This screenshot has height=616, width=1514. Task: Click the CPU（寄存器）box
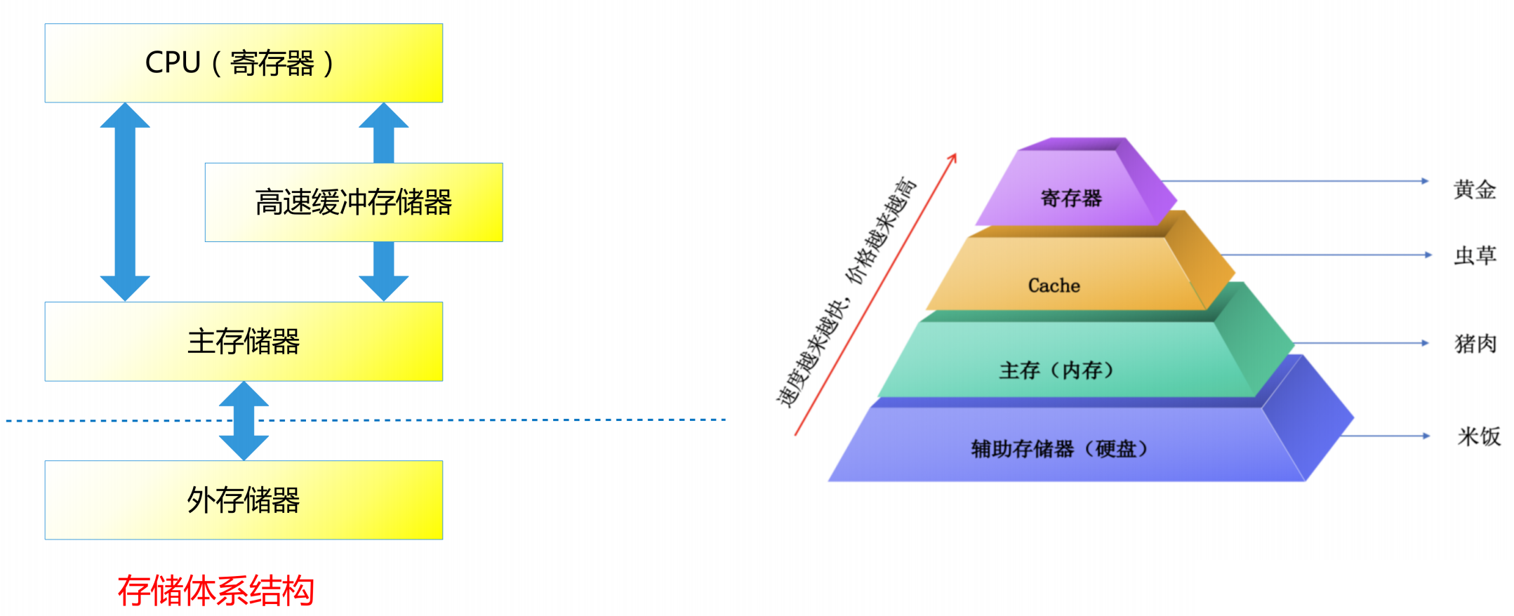coord(244,63)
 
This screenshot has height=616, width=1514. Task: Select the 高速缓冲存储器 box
coord(354,202)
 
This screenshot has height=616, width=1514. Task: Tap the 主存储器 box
coord(244,342)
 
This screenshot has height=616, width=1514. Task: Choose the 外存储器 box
coord(244,500)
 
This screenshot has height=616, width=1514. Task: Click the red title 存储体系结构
coord(215,590)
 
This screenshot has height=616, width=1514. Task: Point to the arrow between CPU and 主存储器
coord(125,202)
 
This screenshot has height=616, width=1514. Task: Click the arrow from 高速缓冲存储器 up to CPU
coord(383,133)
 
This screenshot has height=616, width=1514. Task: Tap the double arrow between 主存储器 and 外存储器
coord(244,421)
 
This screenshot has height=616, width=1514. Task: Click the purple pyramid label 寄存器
coord(1071,199)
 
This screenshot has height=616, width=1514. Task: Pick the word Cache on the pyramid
coord(1054,286)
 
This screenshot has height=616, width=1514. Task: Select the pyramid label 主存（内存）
coord(1056,370)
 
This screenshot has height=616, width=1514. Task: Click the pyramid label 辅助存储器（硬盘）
coord(1059,449)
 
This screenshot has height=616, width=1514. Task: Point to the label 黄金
coord(1474,189)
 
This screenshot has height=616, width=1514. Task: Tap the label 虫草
coord(1475,255)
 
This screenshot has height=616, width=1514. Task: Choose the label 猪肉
coord(1475,344)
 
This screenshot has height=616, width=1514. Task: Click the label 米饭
coord(1478,436)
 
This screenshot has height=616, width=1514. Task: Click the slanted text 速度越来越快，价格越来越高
coord(846,291)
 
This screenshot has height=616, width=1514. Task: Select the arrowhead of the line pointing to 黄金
coord(1425,181)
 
